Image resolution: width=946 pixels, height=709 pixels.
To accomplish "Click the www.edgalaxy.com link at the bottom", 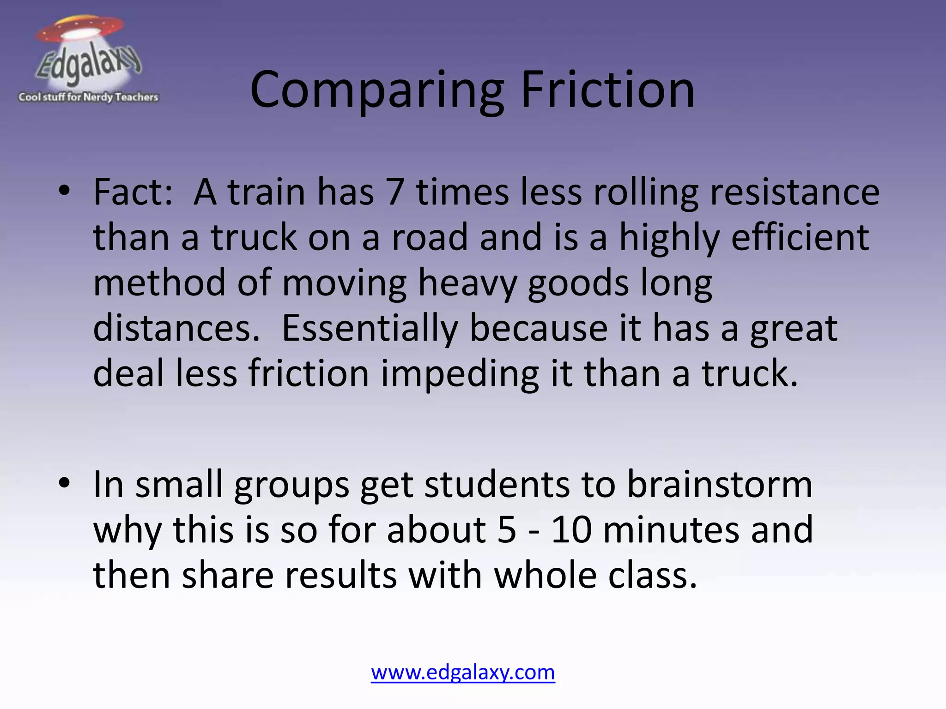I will [463, 673].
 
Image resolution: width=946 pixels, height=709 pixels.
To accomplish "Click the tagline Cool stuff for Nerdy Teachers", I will [88, 97].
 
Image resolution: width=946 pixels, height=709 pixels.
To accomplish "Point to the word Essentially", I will [370, 329].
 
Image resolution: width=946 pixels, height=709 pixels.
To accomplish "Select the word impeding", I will [460, 374].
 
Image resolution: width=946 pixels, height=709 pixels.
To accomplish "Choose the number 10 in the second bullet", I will [571, 530].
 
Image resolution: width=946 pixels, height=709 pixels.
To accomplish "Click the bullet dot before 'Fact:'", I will [64, 190].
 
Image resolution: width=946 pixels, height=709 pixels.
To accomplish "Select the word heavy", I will [467, 283].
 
